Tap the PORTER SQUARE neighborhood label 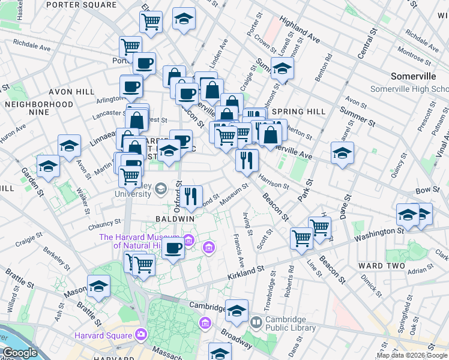click(x=89, y=5)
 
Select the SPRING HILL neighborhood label click(x=298, y=112)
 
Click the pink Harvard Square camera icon click(x=141, y=334)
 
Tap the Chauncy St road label click(x=104, y=226)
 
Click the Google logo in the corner click(x=19, y=353)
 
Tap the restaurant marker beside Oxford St click(x=191, y=196)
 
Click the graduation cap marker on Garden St click(x=48, y=166)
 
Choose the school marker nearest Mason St click(x=99, y=286)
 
